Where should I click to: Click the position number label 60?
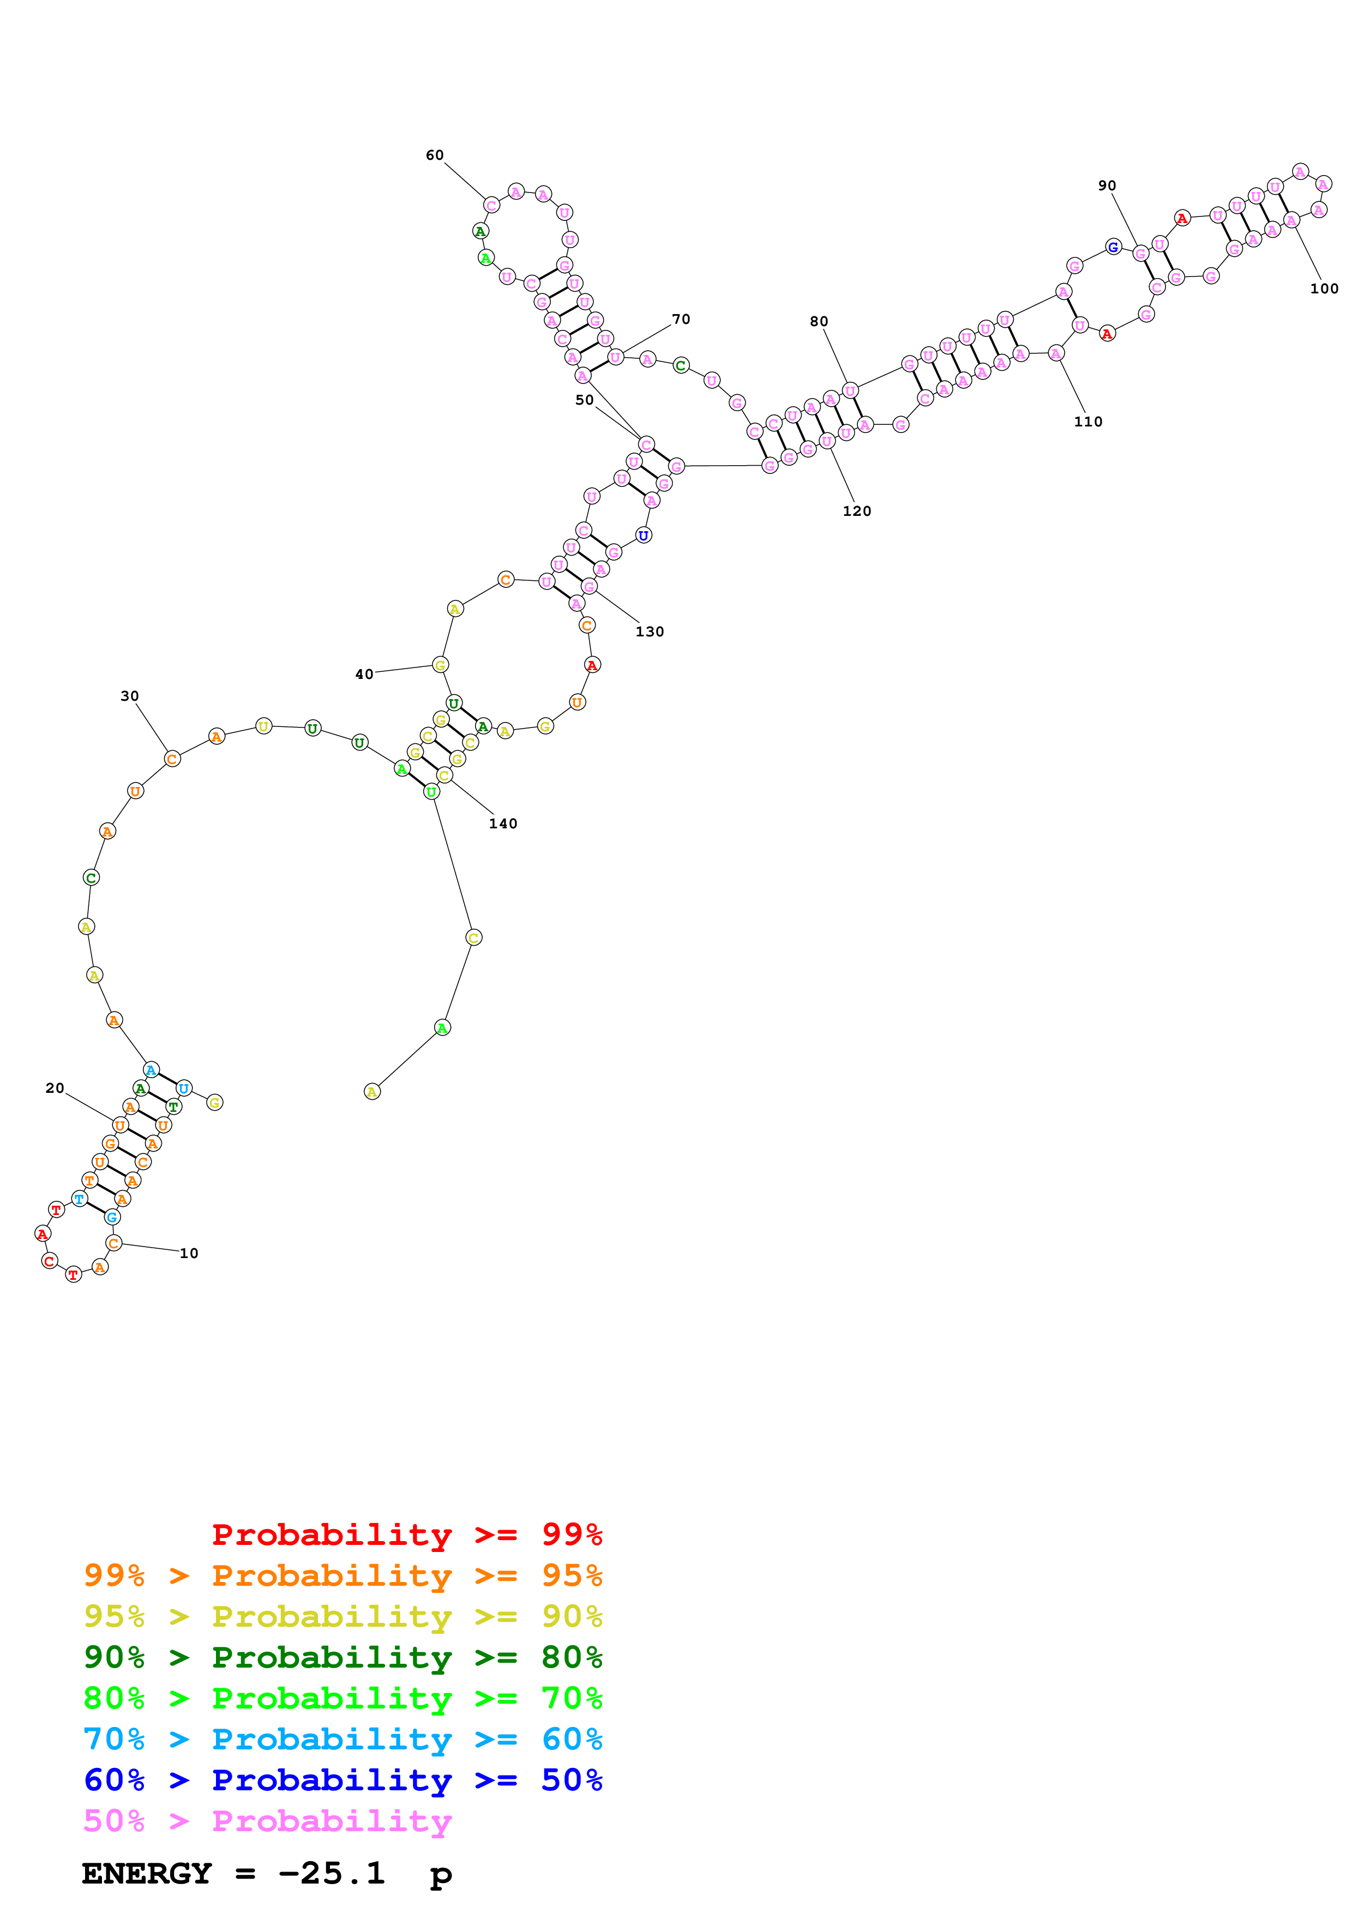434,155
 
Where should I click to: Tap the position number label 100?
1324,288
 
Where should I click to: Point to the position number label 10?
189,1253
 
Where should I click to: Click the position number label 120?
856,511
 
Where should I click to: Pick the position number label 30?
129,696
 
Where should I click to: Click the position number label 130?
650,631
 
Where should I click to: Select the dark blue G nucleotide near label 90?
1113,246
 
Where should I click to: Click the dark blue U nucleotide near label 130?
643,535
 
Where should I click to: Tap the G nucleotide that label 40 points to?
440,665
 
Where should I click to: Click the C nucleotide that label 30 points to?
172,758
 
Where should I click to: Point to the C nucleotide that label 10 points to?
114,1243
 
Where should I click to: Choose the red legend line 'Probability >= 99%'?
406,1535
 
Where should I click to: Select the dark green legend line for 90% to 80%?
342,1657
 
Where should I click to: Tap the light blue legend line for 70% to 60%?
342,1739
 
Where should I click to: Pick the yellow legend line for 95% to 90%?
342,1616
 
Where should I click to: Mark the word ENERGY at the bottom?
147,1874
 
